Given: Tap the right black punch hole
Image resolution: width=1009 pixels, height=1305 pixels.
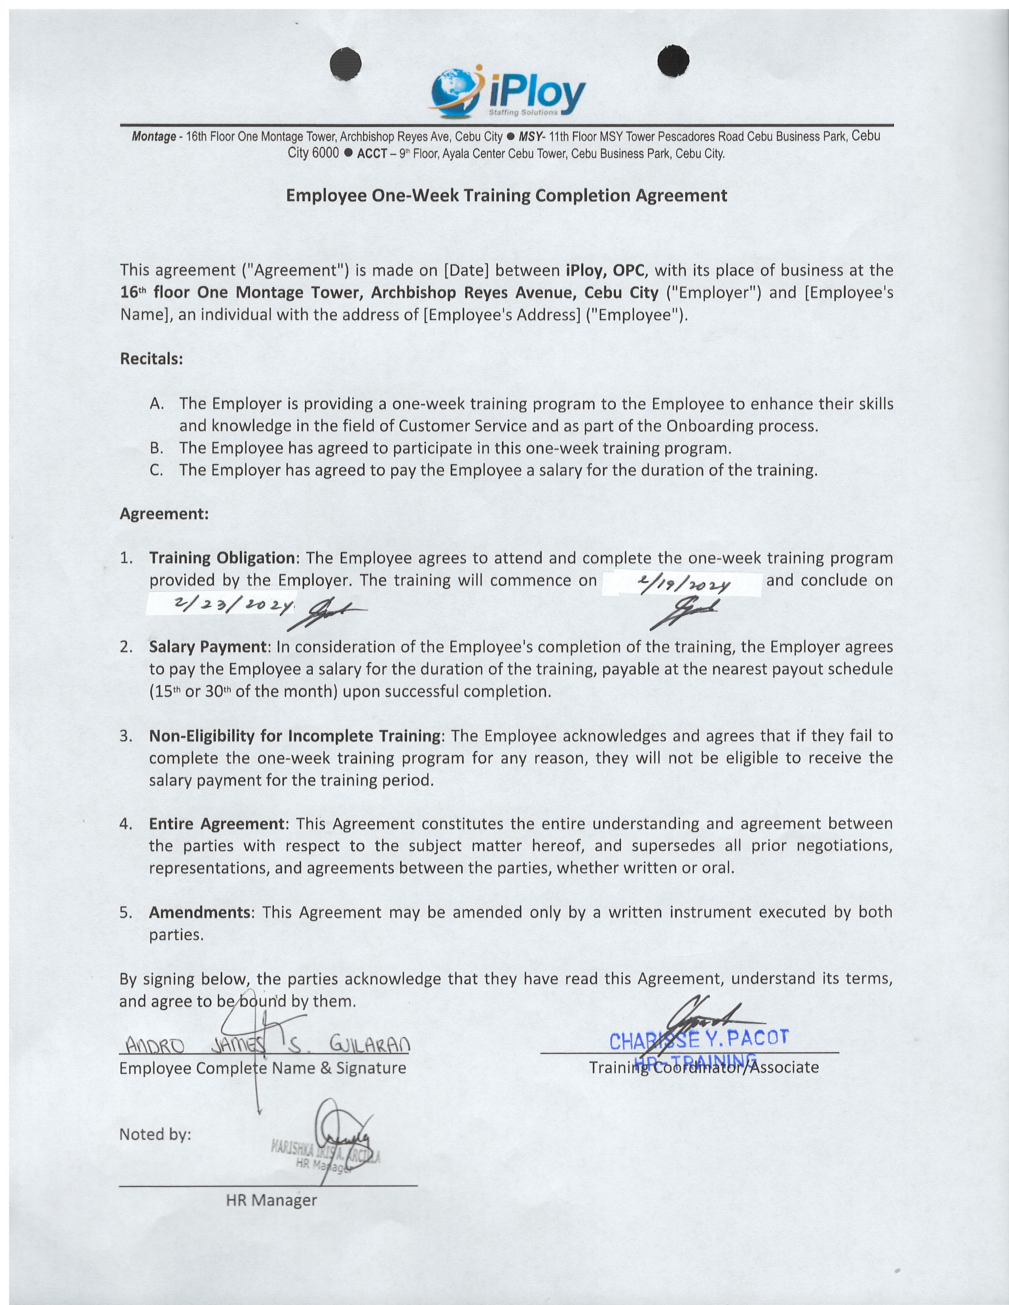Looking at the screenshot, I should pyautogui.click(x=673, y=61).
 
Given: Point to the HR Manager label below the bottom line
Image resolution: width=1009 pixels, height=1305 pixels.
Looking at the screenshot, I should pyautogui.click(x=271, y=1200).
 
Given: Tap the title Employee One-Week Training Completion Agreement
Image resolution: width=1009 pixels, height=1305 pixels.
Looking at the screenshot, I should pyautogui.click(x=506, y=195).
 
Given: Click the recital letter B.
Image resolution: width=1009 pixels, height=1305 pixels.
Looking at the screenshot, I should pyautogui.click(x=157, y=448).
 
